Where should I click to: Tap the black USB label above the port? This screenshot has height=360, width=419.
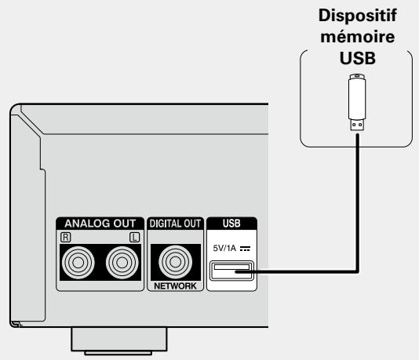click(233, 223)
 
